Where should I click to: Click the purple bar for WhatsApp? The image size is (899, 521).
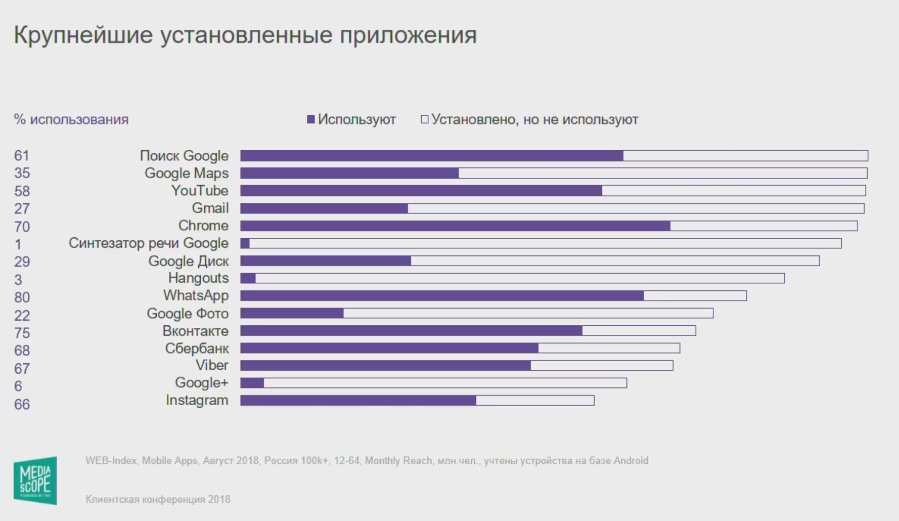click(441, 295)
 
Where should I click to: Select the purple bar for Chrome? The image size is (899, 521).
click(455, 226)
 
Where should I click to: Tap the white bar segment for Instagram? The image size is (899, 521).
click(535, 401)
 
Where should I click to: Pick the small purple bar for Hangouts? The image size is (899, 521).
click(248, 278)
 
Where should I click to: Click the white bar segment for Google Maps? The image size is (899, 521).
click(662, 173)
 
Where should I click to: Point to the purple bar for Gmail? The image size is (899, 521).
click(324, 208)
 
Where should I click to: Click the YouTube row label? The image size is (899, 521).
click(200, 191)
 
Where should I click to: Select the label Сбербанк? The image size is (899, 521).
click(197, 349)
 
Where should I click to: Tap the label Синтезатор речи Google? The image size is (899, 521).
click(148, 243)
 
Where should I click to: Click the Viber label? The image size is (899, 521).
click(212, 365)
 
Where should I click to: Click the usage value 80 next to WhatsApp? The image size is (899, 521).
click(22, 297)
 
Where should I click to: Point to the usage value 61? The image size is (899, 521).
click(22, 156)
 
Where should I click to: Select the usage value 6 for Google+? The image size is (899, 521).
click(18, 386)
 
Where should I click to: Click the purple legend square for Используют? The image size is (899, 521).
click(311, 119)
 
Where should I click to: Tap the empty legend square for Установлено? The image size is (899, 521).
click(425, 119)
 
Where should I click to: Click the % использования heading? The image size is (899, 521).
click(71, 120)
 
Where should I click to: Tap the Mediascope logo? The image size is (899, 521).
click(35, 481)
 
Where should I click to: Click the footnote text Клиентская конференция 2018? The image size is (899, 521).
click(158, 500)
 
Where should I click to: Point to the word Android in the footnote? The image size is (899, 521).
click(631, 461)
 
